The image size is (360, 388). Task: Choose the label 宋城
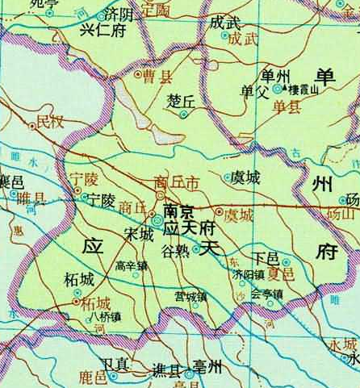(x=137, y=234)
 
